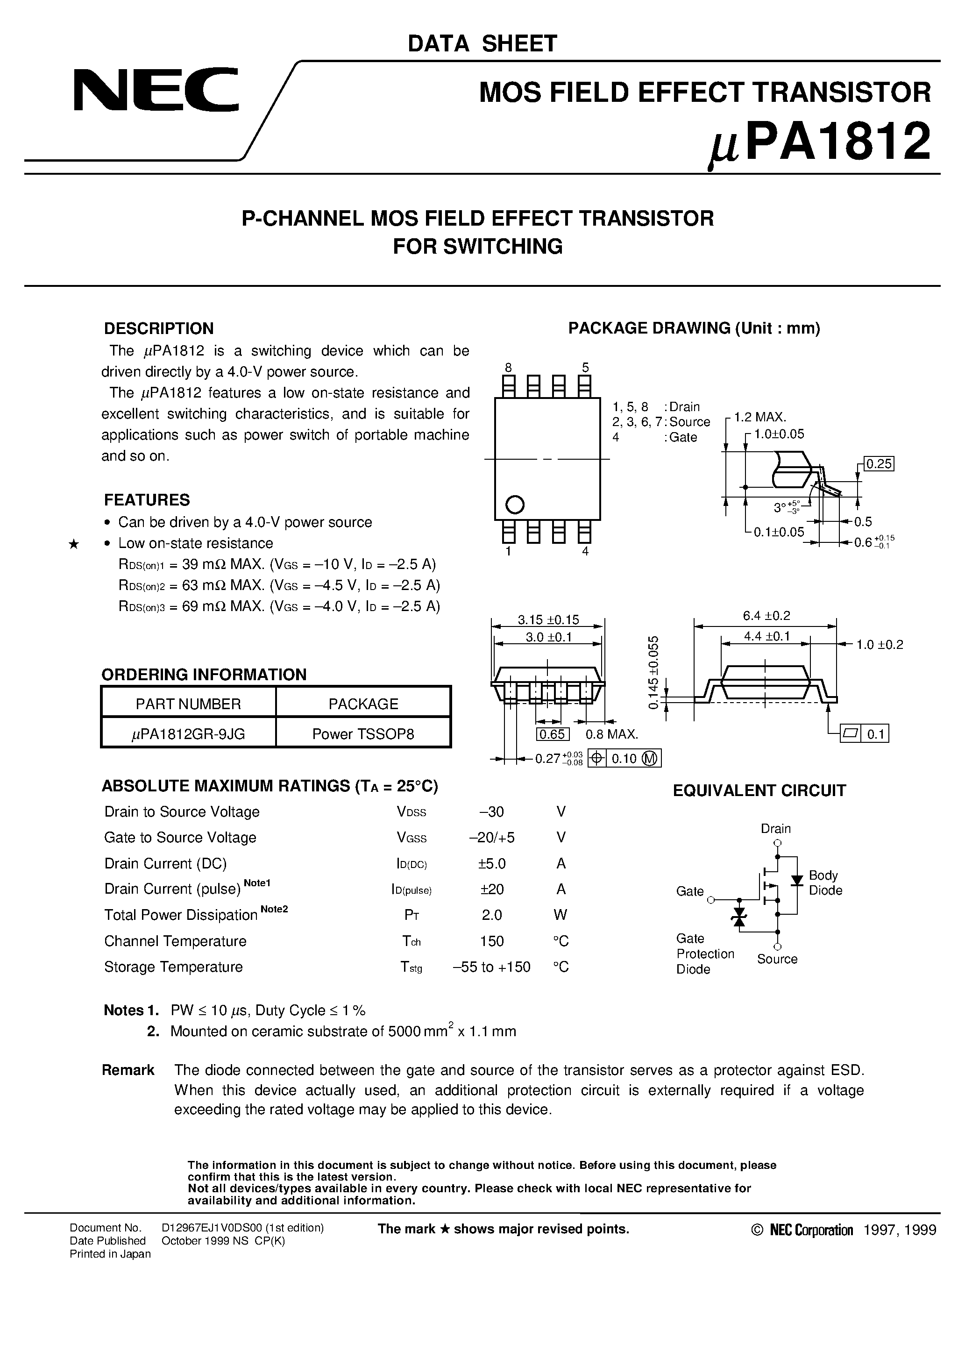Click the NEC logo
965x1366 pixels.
(156, 90)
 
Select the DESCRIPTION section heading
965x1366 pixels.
(158, 328)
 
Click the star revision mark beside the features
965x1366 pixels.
(74, 544)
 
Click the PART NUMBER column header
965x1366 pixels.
(188, 704)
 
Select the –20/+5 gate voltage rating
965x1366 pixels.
(491, 838)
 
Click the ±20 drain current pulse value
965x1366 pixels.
(491, 889)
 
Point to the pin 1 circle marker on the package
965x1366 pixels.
(515, 505)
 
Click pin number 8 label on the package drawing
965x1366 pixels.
(508, 367)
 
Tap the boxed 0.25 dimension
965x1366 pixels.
(879, 463)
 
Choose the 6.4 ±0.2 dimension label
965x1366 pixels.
(766, 616)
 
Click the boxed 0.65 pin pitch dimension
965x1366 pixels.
(552, 734)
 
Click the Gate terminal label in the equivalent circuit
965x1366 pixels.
(689, 891)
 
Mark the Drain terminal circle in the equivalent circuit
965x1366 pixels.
(777, 842)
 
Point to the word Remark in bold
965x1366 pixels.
(128, 1070)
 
